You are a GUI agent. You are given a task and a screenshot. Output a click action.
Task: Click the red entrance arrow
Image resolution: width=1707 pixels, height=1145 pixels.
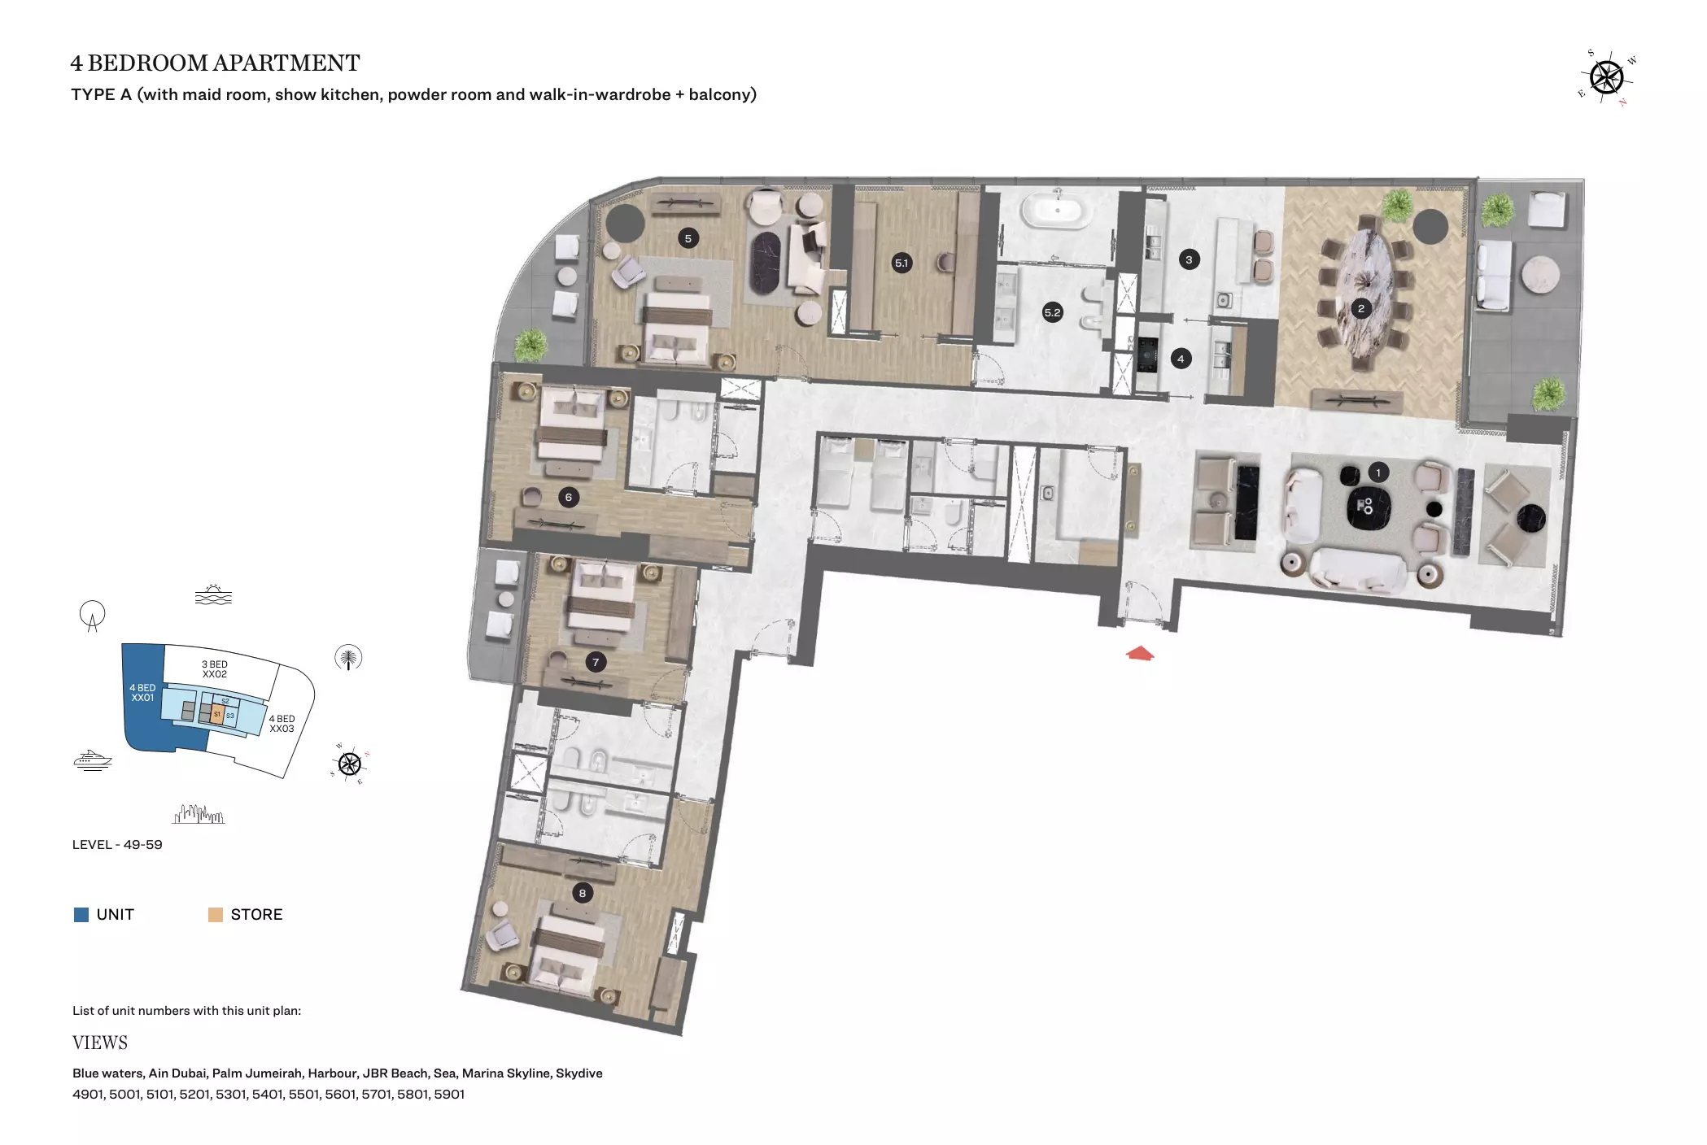(1140, 652)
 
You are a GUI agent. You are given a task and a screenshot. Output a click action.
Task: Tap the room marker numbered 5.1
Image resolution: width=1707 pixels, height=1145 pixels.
(902, 263)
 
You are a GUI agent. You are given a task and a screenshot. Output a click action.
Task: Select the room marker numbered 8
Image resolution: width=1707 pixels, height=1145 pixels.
(582, 893)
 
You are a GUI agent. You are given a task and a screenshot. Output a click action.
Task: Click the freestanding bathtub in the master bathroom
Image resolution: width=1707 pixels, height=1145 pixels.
(1057, 210)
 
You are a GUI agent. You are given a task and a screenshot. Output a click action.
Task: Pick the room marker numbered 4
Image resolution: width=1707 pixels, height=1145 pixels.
(1181, 359)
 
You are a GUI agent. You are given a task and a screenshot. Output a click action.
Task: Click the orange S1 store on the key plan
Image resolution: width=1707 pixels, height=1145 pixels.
(217, 714)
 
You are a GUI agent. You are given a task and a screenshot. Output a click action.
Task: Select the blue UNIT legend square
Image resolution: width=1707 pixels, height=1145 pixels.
(81, 915)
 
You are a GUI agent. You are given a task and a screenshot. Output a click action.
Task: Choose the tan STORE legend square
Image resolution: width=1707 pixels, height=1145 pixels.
(216, 915)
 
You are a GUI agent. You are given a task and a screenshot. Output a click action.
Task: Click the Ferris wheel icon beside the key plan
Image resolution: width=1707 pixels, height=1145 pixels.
(93, 616)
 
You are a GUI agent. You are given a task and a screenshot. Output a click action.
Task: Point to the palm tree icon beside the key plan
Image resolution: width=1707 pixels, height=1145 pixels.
(348, 657)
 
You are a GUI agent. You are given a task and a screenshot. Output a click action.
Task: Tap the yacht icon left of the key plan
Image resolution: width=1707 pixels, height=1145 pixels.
(93, 760)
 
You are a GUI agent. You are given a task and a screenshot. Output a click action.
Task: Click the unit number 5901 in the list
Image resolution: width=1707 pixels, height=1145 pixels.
(449, 1094)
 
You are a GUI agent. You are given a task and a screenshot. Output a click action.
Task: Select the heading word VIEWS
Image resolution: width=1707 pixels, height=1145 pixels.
(100, 1043)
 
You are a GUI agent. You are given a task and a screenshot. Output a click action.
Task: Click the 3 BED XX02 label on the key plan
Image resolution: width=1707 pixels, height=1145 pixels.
(215, 669)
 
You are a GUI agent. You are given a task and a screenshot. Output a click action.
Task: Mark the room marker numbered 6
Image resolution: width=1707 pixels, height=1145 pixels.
(568, 497)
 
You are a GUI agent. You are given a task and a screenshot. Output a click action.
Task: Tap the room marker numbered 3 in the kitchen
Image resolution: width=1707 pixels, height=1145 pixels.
(1189, 260)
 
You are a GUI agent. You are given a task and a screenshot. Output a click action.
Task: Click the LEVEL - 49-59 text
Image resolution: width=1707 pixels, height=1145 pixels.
(117, 844)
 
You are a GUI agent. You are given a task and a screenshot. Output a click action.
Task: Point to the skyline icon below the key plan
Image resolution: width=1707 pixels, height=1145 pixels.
(199, 814)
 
